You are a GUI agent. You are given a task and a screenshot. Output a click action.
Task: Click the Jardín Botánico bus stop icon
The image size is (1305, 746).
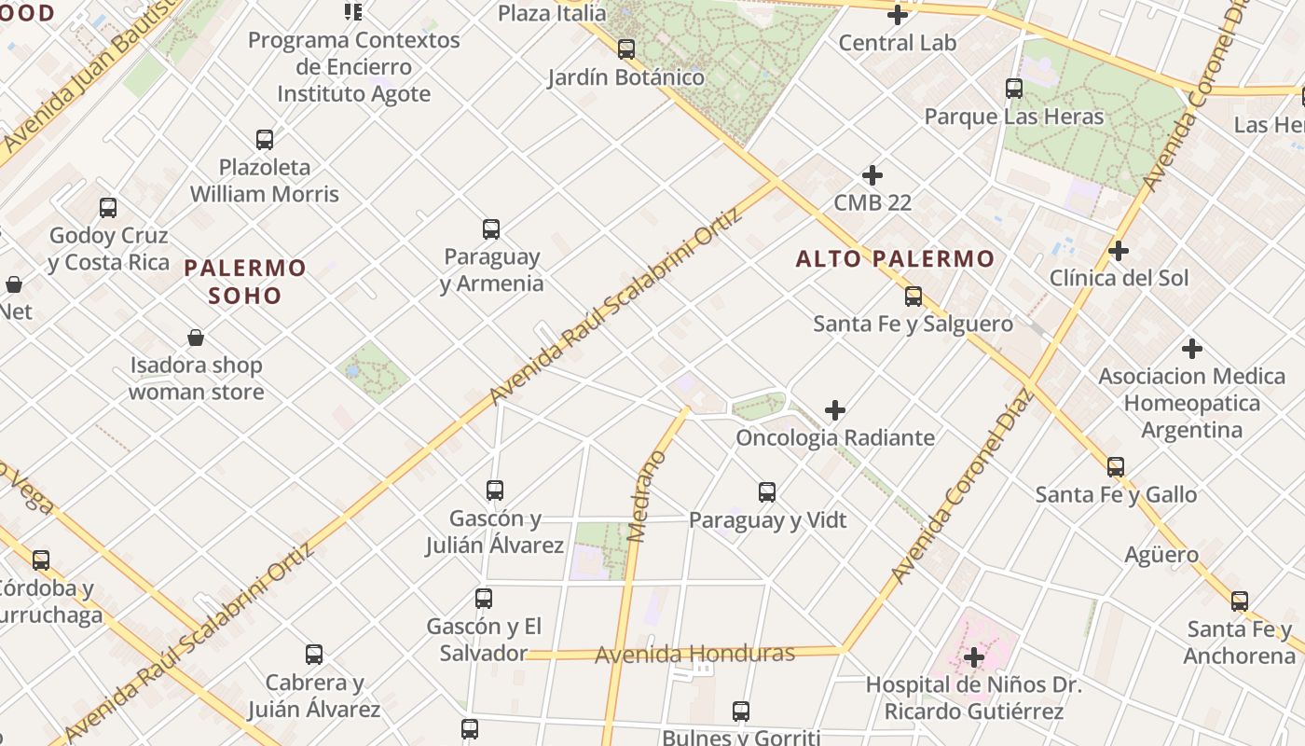click(626, 49)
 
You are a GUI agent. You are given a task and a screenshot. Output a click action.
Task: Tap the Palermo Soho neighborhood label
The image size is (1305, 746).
click(245, 282)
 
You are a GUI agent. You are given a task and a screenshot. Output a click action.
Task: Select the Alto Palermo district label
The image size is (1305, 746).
click(895, 258)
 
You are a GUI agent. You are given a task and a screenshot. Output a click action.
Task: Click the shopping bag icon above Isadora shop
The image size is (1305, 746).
click(196, 337)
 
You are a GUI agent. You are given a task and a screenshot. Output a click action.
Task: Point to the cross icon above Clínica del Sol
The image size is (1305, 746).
click(1119, 251)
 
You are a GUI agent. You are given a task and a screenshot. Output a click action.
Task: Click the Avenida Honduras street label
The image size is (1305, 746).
click(694, 654)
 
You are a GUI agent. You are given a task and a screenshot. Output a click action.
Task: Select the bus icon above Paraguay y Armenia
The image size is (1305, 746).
click(491, 228)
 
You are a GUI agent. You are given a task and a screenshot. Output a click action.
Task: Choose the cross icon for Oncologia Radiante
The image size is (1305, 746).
click(835, 410)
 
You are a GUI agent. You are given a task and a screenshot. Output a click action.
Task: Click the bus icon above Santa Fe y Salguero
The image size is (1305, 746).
click(913, 297)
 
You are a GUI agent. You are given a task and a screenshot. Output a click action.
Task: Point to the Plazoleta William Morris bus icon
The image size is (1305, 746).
click(265, 140)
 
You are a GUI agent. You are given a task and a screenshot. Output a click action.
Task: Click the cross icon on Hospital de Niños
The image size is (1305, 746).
click(974, 657)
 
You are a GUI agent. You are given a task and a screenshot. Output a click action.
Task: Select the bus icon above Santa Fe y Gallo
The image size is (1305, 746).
click(1116, 467)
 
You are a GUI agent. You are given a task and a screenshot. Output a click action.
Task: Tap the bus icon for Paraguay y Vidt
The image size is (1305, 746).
click(767, 492)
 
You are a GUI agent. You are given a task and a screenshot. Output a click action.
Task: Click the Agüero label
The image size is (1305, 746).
click(1161, 555)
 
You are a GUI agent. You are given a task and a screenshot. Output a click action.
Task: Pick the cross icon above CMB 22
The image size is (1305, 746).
click(872, 175)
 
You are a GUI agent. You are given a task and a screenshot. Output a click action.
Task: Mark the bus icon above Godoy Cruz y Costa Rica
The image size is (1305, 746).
click(108, 208)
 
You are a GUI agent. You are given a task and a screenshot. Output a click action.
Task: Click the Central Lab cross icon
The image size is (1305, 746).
click(898, 15)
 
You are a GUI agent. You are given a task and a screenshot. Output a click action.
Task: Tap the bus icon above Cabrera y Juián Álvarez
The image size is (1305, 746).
click(314, 655)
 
